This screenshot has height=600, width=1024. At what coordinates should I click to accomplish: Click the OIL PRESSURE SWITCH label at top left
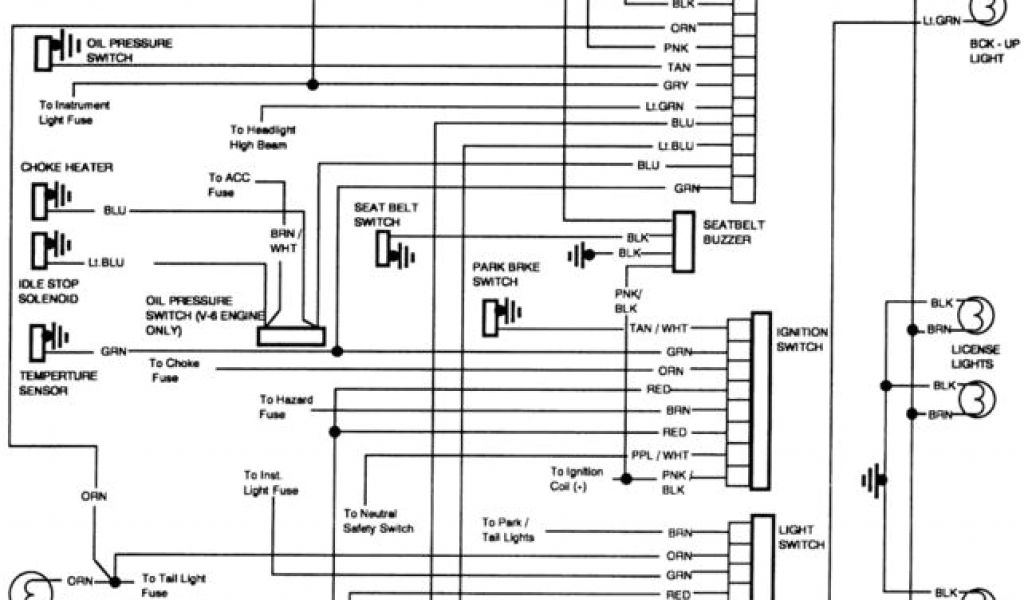pos(129,51)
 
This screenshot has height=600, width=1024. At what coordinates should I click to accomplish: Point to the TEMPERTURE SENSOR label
pos(58,383)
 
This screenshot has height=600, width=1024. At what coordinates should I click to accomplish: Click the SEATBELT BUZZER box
pos(684,242)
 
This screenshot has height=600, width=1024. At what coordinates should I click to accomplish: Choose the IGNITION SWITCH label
pos(800,338)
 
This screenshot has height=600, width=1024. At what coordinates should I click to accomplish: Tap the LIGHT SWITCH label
pos(801,537)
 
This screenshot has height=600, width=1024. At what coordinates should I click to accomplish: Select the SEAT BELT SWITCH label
pos(386,214)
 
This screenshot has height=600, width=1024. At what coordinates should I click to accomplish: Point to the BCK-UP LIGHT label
pos(993,51)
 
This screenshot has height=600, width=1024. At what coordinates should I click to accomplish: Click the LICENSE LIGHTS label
pos(974,357)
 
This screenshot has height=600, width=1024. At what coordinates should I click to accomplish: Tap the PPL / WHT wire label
pos(660,454)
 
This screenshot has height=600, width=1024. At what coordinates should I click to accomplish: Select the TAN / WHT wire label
pos(659,328)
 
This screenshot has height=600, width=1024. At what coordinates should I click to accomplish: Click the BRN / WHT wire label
pos(284,239)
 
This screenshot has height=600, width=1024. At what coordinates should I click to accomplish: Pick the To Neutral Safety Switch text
pos(378,521)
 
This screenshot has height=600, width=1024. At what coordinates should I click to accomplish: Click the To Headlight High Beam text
pos(263,138)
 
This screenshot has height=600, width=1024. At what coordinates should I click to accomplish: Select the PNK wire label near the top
pos(675,47)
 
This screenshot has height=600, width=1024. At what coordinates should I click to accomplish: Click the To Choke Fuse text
pos(173,370)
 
